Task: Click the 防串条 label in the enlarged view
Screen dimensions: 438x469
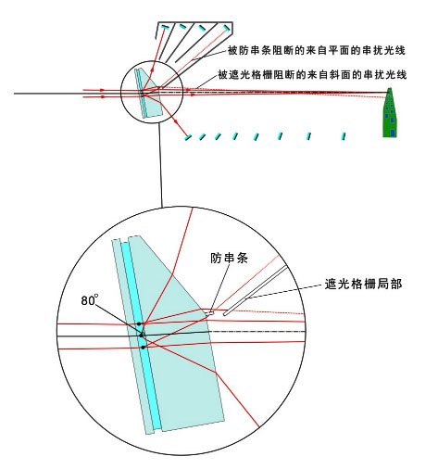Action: [x=229, y=259]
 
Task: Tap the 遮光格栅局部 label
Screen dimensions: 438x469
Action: [x=363, y=284]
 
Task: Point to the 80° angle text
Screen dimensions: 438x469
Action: [x=90, y=300]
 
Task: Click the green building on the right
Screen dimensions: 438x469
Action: [x=390, y=112]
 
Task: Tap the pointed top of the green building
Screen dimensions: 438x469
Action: [x=390, y=88]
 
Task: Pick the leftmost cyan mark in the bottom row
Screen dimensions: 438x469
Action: [x=188, y=137]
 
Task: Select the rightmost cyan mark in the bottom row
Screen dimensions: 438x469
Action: [x=344, y=136]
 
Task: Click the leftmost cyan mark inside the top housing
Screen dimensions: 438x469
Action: [x=165, y=28]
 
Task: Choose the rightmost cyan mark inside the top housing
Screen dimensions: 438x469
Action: [x=226, y=28]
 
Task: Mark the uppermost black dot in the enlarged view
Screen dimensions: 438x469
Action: [x=139, y=323]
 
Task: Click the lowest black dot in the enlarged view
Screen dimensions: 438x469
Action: [x=143, y=348]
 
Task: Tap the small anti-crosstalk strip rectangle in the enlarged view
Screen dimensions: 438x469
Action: [x=209, y=313]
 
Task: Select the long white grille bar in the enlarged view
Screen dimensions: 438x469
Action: [x=256, y=291]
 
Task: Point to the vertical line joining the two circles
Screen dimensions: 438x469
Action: [x=160, y=165]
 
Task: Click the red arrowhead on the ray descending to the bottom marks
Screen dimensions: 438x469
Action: [x=175, y=120]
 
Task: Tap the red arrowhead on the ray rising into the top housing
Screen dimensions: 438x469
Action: [x=153, y=70]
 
